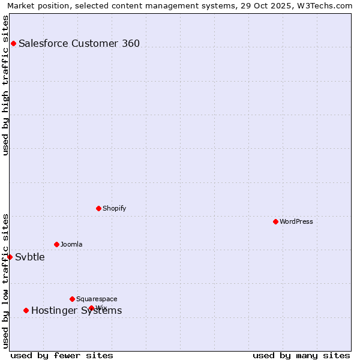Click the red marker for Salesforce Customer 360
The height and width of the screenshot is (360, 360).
[x=13, y=43]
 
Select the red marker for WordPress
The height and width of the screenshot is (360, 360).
[x=275, y=221]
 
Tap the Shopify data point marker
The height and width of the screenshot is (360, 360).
[x=98, y=208]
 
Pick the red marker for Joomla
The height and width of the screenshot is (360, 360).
[x=56, y=244]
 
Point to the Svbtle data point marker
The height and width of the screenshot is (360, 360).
[x=10, y=257]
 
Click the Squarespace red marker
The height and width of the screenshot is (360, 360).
[x=72, y=299]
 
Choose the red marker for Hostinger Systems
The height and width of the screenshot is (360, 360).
[x=26, y=310]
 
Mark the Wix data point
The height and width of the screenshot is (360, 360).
[x=91, y=308]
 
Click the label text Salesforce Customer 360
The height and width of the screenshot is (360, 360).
[x=79, y=43]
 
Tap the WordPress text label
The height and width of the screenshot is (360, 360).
[x=296, y=221]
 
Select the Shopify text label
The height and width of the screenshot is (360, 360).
[x=114, y=208]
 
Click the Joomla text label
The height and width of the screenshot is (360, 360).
[x=71, y=244]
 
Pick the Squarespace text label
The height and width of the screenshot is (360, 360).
[x=97, y=299]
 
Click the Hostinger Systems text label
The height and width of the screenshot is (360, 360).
[x=76, y=310]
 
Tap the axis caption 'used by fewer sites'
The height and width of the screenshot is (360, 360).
[x=62, y=355]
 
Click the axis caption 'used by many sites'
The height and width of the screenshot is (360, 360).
[x=301, y=355]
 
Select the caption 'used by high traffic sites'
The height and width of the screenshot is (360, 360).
[x=5, y=85]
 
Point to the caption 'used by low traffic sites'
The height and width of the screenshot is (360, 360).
[x=5, y=280]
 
